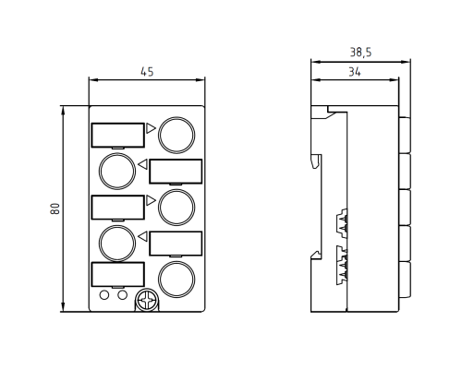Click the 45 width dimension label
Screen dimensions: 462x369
coord(147,72)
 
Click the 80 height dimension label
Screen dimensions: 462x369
coord(55,208)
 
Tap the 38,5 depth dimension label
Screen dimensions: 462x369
coord(360,53)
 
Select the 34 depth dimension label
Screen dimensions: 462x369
coord(355,72)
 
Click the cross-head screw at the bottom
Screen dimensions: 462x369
coord(147,300)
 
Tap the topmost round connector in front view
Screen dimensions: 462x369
coord(176,135)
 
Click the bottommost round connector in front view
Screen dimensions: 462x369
coord(176,280)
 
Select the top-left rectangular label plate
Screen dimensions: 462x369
coord(117,135)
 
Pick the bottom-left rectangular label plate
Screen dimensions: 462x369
coord(117,274)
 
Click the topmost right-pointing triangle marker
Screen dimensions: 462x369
coord(151,128)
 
